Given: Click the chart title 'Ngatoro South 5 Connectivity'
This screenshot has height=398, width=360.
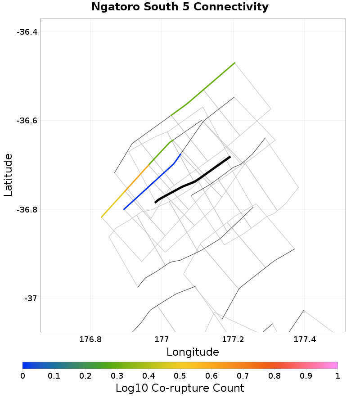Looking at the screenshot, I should [180, 7].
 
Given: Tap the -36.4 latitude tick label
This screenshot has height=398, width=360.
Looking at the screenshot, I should [27, 32].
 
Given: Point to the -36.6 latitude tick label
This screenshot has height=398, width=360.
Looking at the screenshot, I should [27, 121].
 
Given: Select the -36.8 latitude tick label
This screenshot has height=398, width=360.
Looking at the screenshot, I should [27, 210].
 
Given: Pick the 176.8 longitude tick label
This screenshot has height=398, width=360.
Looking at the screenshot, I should [91, 339].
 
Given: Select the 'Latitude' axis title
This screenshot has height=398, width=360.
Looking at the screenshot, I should [8, 175].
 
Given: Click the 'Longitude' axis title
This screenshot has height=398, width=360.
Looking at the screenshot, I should [193, 352].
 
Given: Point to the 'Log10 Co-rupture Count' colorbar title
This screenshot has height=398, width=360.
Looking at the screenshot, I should [180, 388].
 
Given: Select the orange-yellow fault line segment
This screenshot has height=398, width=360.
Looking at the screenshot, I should [121, 194].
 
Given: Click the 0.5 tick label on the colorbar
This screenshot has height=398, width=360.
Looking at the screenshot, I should [180, 375].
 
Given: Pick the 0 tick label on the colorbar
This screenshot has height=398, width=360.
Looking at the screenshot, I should [23, 375].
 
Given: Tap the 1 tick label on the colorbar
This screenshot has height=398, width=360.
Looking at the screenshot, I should [337, 375].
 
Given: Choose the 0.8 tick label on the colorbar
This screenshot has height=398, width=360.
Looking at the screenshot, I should [274, 375].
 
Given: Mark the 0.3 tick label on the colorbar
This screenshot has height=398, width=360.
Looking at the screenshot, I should [117, 375].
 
